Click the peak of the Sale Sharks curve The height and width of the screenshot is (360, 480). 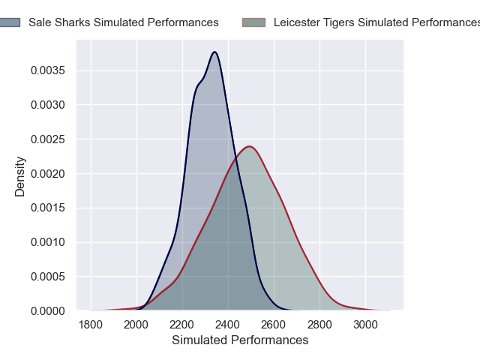(x=215, y=52)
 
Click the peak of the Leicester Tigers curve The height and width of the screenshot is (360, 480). (x=249, y=146)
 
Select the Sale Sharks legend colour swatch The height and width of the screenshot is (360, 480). (x=10, y=22)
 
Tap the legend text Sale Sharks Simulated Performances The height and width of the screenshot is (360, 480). (x=124, y=22)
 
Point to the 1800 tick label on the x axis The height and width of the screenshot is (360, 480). (x=91, y=324)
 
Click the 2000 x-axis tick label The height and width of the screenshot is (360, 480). (x=136, y=324)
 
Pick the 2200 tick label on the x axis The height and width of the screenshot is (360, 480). (x=182, y=324)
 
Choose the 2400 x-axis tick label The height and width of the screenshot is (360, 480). (x=228, y=324)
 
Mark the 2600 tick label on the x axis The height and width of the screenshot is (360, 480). (x=274, y=324)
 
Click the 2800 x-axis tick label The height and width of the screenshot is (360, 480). (x=319, y=324)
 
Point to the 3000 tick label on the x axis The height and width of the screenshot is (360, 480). (x=365, y=324)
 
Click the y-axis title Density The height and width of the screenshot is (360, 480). (x=20, y=176)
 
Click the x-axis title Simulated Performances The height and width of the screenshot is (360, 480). (x=240, y=340)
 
